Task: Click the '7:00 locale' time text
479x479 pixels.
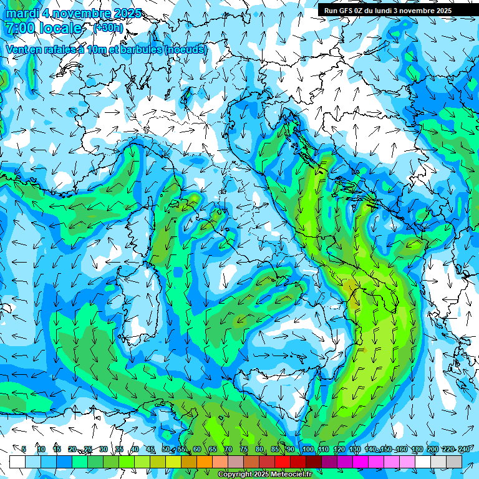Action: (44, 28)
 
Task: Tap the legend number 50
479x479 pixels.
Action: (166, 449)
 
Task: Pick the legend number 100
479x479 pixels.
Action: (307, 449)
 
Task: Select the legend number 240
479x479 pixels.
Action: (463, 449)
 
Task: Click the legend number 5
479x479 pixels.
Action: (24, 449)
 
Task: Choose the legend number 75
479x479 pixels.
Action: (244, 449)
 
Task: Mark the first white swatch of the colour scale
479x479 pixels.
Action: (17, 462)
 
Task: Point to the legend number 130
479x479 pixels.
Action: (354, 449)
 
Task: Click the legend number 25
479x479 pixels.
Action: (88, 449)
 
